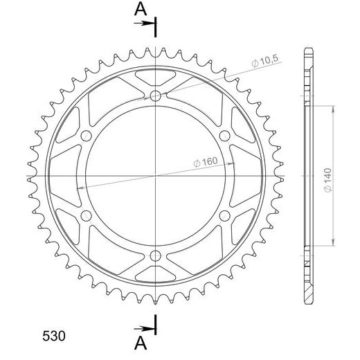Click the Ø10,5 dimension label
(265, 62)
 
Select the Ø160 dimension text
(206, 162)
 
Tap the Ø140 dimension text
(327, 180)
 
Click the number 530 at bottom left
(54, 336)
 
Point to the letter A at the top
(141, 9)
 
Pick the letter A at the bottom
(141, 343)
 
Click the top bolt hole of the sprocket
(155, 96)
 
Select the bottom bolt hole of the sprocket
(155, 255)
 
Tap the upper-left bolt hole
(86, 136)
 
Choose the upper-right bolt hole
(224, 136)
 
